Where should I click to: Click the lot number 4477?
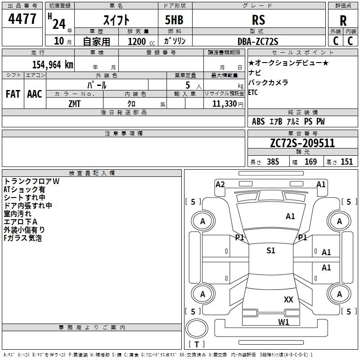[x=22, y=19]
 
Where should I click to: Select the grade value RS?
[x=258, y=20]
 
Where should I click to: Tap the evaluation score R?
[x=343, y=21]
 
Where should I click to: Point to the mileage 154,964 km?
[x=53, y=65]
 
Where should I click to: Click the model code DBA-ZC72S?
[x=258, y=41]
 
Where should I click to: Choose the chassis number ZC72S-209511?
[x=302, y=143]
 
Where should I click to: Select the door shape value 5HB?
[x=174, y=20]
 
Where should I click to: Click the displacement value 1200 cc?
[x=141, y=41]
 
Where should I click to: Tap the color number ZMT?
[x=74, y=104]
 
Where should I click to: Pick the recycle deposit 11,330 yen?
[x=228, y=104]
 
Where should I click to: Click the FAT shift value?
[x=13, y=94]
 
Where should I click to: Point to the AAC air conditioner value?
[x=35, y=94]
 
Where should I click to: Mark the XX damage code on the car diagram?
[x=288, y=300]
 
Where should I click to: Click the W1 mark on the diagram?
[x=283, y=322]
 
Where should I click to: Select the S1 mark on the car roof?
[x=271, y=251]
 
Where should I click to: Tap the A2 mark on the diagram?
[x=220, y=184]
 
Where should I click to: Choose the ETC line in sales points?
[x=253, y=93]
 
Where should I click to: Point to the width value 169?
[x=310, y=162]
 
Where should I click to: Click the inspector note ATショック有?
[x=24, y=189]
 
